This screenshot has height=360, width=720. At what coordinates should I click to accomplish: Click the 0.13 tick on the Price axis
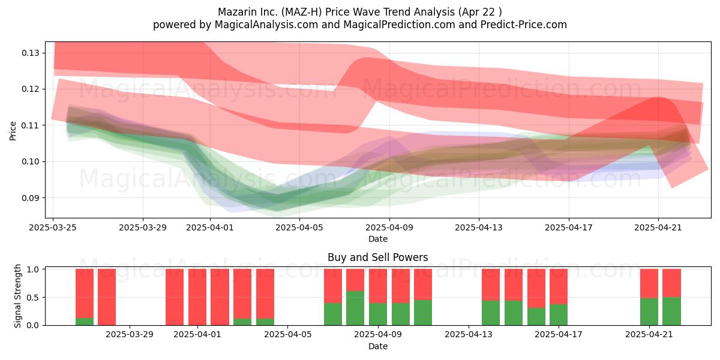click(x=31, y=53)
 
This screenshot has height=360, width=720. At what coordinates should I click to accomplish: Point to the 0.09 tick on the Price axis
click(x=31, y=197)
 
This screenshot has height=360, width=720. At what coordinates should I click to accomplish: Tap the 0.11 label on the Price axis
click(x=31, y=125)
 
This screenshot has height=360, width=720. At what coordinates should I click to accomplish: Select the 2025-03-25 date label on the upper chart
click(x=53, y=227)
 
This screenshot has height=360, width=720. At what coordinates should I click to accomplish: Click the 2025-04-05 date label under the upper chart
click(x=299, y=227)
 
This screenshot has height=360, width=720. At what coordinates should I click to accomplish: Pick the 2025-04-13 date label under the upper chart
click(x=479, y=227)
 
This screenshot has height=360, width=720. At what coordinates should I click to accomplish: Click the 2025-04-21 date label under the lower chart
click(x=649, y=335)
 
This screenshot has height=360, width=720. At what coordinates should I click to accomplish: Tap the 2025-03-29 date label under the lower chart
click(x=130, y=335)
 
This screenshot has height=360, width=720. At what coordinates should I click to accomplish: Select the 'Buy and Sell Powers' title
click(x=377, y=257)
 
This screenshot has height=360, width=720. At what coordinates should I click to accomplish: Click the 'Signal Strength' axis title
click(x=17, y=296)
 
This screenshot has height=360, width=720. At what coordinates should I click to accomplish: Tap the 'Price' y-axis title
click(x=13, y=131)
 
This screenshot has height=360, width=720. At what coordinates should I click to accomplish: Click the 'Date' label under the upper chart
click(x=377, y=239)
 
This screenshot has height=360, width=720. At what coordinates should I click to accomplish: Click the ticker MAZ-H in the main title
click(x=304, y=12)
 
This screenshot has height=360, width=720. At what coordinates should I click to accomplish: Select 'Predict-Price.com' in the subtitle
click(x=524, y=25)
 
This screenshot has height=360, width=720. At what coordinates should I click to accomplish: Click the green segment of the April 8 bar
click(x=355, y=308)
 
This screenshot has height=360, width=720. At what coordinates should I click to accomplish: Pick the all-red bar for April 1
click(x=197, y=298)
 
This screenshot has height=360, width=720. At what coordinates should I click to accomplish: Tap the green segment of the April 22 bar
click(x=672, y=311)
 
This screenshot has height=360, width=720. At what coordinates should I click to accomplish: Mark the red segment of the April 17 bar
click(x=559, y=287)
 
